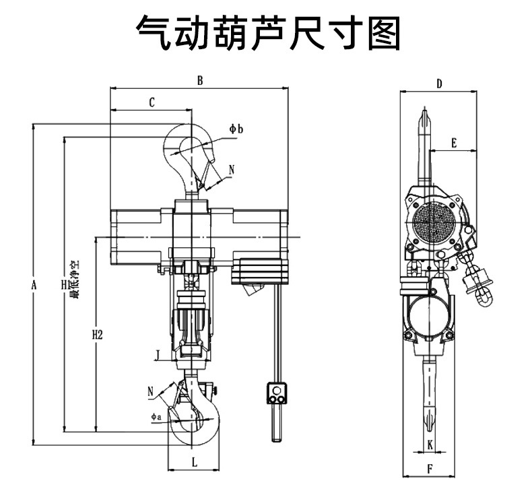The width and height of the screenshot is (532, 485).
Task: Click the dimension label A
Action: pos(33,284)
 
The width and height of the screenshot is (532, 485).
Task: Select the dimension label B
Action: pos(199,80)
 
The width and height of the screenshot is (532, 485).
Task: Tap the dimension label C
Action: pos(152,102)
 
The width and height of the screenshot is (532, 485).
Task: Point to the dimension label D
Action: pos(439,84)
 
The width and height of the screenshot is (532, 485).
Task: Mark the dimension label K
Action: pos(430,444)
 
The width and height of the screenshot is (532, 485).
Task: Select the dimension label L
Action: pos(194,462)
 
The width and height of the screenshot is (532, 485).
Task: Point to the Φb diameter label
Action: pos(235,129)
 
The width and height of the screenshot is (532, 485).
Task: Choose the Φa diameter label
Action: pos(156,418)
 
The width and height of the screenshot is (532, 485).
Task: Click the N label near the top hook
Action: pos(232,170)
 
